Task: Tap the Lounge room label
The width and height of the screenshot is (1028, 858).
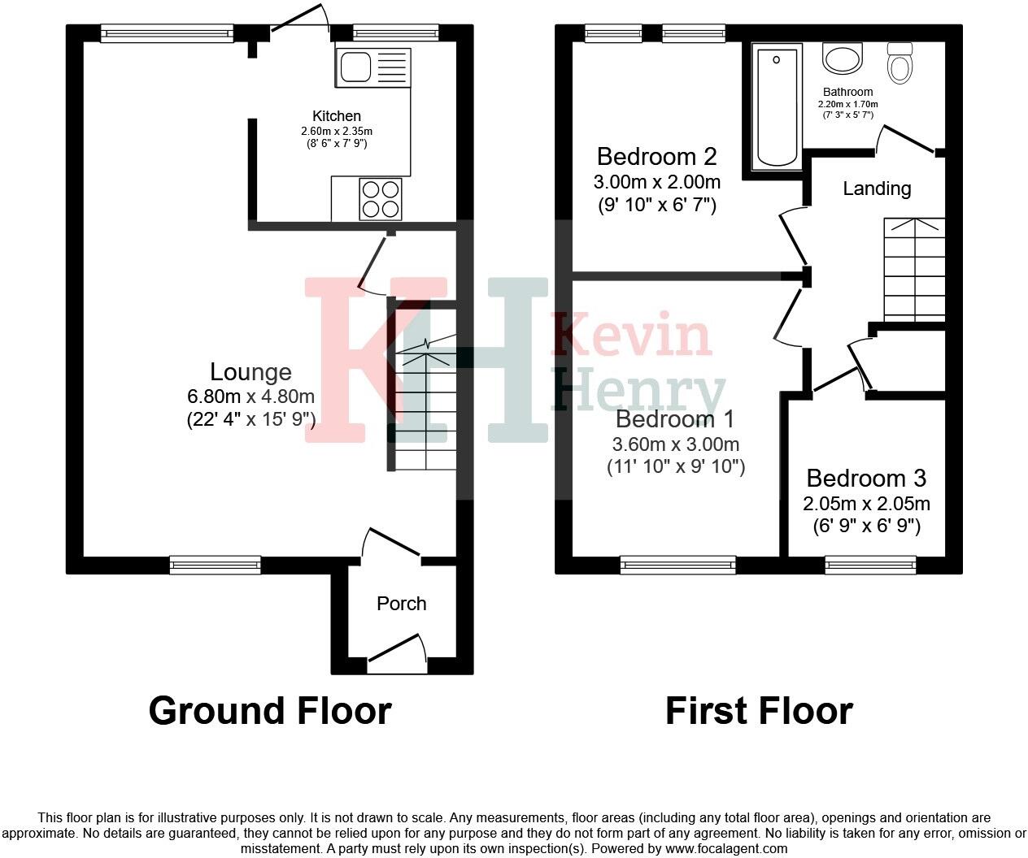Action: pos(250,372)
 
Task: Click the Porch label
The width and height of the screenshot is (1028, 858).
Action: pos(402,604)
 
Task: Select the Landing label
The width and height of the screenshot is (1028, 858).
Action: pos(877,188)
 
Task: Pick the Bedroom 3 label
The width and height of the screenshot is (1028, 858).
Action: pos(866,478)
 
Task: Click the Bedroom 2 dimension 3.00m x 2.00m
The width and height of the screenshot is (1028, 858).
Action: pos(657,181)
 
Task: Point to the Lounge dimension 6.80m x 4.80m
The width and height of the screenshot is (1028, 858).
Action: pos(250,396)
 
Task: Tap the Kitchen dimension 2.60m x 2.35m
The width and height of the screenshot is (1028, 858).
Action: pos(337,131)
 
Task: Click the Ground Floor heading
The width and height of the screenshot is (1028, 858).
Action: pos(270,711)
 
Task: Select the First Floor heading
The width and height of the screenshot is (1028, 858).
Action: pos(759,711)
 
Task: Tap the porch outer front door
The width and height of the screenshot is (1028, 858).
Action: pos(398,652)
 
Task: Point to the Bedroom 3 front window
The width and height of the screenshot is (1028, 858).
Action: pos(870,565)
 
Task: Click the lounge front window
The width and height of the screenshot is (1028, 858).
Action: pos(216,565)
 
